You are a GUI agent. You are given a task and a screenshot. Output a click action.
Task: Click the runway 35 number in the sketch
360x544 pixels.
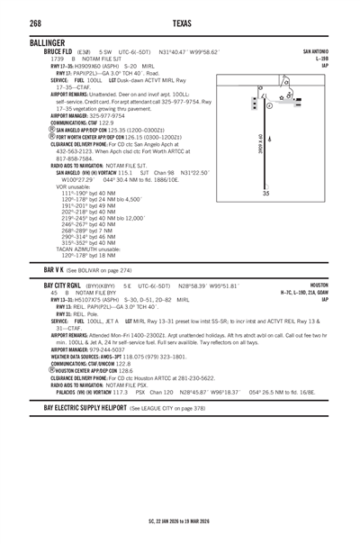tap(265, 194)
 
